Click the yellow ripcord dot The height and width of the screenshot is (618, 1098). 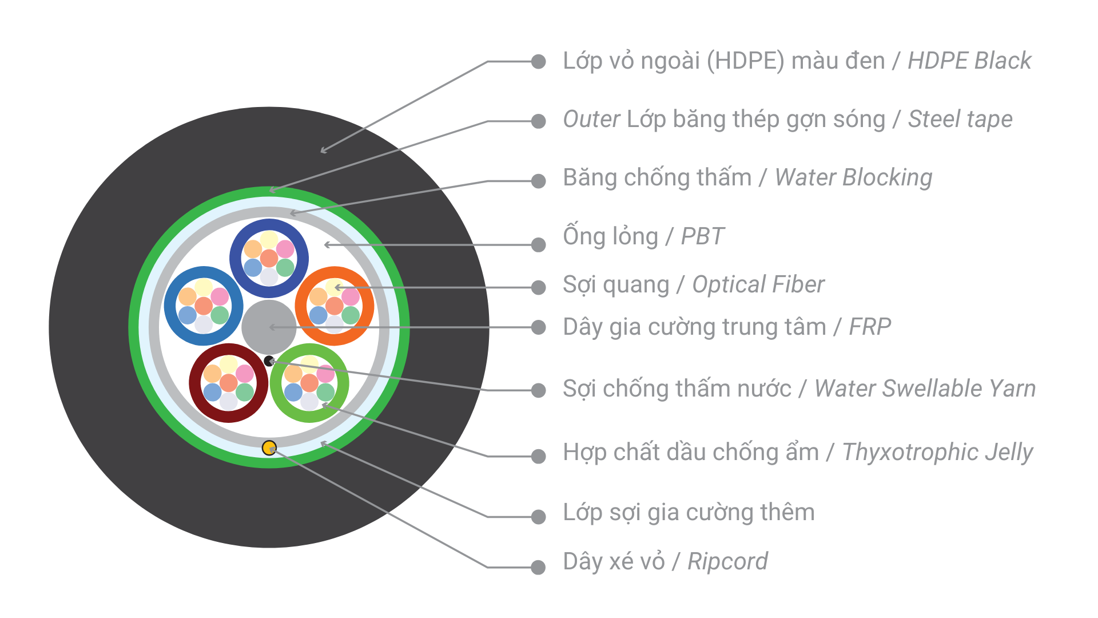pyautogui.click(x=269, y=447)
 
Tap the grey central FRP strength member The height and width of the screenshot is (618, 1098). pyautogui.click(x=269, y=327)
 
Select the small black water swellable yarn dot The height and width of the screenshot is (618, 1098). pyautogui.click(x=269, y=361)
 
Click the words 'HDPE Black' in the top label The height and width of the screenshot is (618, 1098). pyautogui.click(x=969, y=61)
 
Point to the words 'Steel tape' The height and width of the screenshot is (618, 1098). pyautogui.click(x=960, y=119)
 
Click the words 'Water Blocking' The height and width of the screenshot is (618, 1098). pyautogui.click(x=853, y=177)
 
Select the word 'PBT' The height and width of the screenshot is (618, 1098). pyautogui.click(x=702, y=236)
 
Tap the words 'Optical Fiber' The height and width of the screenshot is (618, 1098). pyautogui.click(x=758, y=284)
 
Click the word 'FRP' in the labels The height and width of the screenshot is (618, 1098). pyautogui.click(x=870, y=327)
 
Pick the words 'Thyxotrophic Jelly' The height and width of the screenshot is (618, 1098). pyautogui.click(x=937, y=452)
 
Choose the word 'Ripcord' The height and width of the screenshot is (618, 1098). pyautogui.click(x=727, y=561)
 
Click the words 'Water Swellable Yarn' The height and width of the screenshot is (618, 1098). pyautogui.click(x=925, y=389)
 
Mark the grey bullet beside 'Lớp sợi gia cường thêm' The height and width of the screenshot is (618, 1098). pyautogui.click(x=538, y=517)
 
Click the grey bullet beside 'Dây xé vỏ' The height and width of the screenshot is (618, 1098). pyautogui.click(x=538, y=567)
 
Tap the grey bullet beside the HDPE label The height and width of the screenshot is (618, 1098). pyautogui.click(x=538, y=61)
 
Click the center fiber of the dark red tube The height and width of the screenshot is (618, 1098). pyautogui.click(x=228, y=383)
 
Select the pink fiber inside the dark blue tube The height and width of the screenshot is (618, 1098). pyautogui.click(x=285, y=249)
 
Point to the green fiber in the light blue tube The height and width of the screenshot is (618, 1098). pyautogui.click(x=220, y=315)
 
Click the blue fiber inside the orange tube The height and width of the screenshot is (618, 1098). pyautogui.click(x=318, y=315)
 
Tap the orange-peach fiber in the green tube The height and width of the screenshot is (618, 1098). pyautogui.click(x=293, y=374)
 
